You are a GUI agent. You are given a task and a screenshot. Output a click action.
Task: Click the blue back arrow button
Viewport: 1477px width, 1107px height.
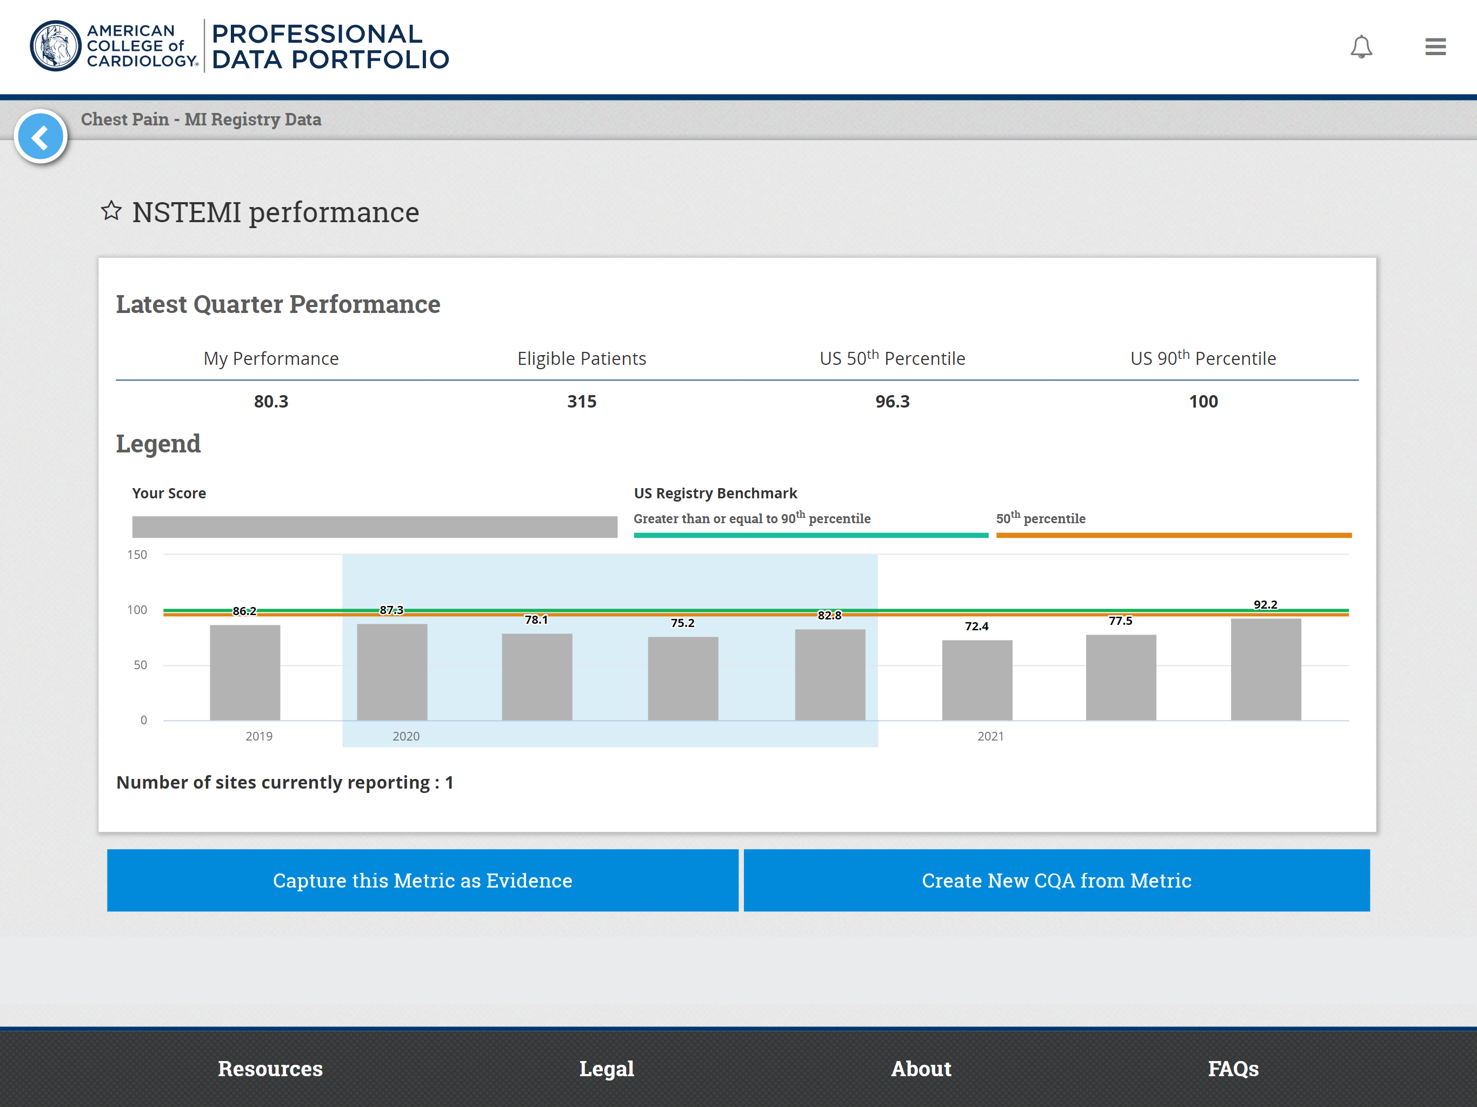(x=41, y=137)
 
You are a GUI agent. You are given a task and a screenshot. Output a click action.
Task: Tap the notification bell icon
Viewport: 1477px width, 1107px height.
(x=1361, y=46)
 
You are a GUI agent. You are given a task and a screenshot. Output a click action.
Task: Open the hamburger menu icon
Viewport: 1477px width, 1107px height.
(x=1435, y=46)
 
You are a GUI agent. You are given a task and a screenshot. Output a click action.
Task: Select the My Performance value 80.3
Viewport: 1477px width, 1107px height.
(x=270, y=401)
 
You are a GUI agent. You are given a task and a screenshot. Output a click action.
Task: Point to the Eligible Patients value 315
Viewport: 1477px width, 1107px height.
(x=581, y=401)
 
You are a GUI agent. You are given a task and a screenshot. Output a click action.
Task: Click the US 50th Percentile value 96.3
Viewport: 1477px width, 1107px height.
(x=892, y=401)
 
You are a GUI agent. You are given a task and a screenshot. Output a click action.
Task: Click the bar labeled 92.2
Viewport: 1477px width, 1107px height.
(x=1265, y=669)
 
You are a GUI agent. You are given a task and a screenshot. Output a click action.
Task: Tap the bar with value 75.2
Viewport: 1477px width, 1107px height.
(x=682, y=678)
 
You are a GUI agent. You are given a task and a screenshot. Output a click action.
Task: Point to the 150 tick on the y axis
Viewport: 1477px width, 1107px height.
(x=137, y=554)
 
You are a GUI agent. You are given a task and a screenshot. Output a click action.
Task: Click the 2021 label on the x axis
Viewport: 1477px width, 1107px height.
(x=990, y=736)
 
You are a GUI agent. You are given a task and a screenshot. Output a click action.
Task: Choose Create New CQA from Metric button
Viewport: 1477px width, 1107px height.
(x=1056, y=880)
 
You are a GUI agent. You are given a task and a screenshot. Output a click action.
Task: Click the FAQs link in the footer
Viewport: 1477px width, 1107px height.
(x=1233, y=1068)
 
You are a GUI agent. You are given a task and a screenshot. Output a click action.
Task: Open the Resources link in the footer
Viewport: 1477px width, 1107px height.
(x=270, y=1068)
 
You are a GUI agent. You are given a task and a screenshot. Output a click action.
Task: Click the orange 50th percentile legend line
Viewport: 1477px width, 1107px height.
(x=1173, y=535)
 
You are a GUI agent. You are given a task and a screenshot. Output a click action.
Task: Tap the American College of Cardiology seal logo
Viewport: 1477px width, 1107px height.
(x=56, y=46)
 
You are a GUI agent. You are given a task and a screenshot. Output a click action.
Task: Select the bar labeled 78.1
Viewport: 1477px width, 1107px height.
(x=537, y=676)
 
